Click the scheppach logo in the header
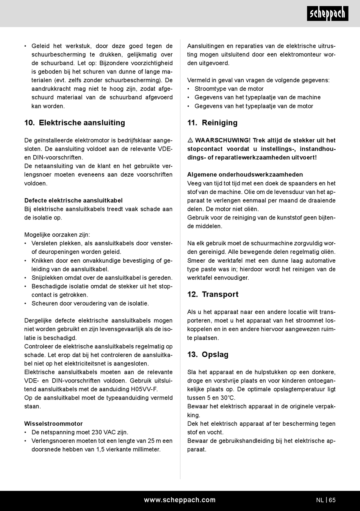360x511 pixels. click(327, 14)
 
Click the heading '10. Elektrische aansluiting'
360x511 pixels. click(75, 123)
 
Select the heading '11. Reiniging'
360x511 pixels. click(212, 123)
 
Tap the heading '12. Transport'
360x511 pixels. click(213, 295)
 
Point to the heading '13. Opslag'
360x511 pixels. click(208, 355)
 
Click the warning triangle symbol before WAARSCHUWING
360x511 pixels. click(190, 141)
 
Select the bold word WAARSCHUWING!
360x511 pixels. click(223, 140)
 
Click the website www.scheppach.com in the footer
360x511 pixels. click(180, 500)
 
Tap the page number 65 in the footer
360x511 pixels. click(332, 500)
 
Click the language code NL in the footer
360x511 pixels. click(320, 500)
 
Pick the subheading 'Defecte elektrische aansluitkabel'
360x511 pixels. click(74, 201)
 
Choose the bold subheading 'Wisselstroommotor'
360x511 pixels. click(53, 424)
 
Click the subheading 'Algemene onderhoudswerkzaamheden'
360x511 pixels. click(245, 175)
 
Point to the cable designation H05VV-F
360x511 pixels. click(144, 389)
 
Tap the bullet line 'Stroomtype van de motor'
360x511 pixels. click(229, 89)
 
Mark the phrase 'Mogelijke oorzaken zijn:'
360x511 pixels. click(57, 235)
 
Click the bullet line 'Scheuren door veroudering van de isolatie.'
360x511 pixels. click(90, 304)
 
